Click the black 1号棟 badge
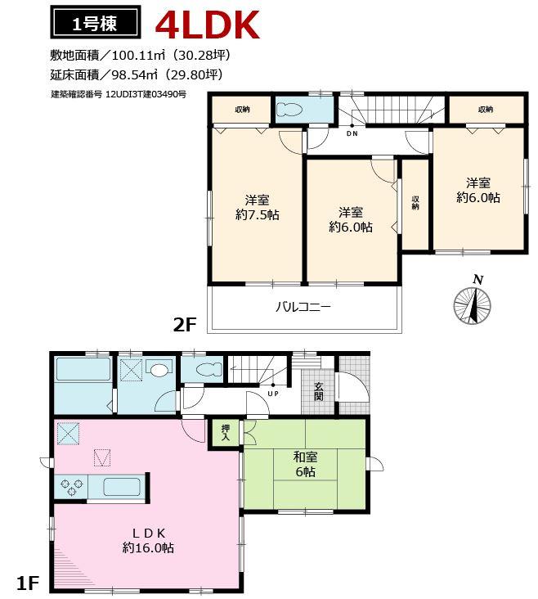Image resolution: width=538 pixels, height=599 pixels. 94,24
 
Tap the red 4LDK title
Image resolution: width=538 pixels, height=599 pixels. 208,25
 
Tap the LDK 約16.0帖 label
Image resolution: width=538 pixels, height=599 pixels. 148,540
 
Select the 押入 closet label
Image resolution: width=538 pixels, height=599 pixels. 226,432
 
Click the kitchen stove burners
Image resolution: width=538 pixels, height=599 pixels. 70,488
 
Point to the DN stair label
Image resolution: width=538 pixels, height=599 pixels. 352,133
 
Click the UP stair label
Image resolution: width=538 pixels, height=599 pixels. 272,394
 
